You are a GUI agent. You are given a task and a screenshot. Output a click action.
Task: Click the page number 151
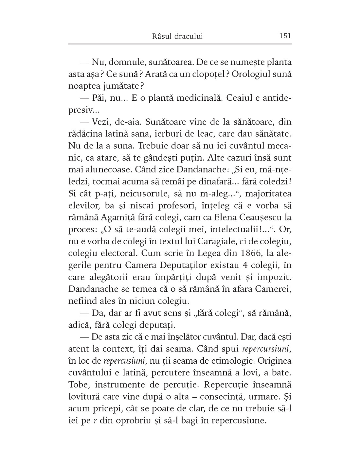285,36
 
